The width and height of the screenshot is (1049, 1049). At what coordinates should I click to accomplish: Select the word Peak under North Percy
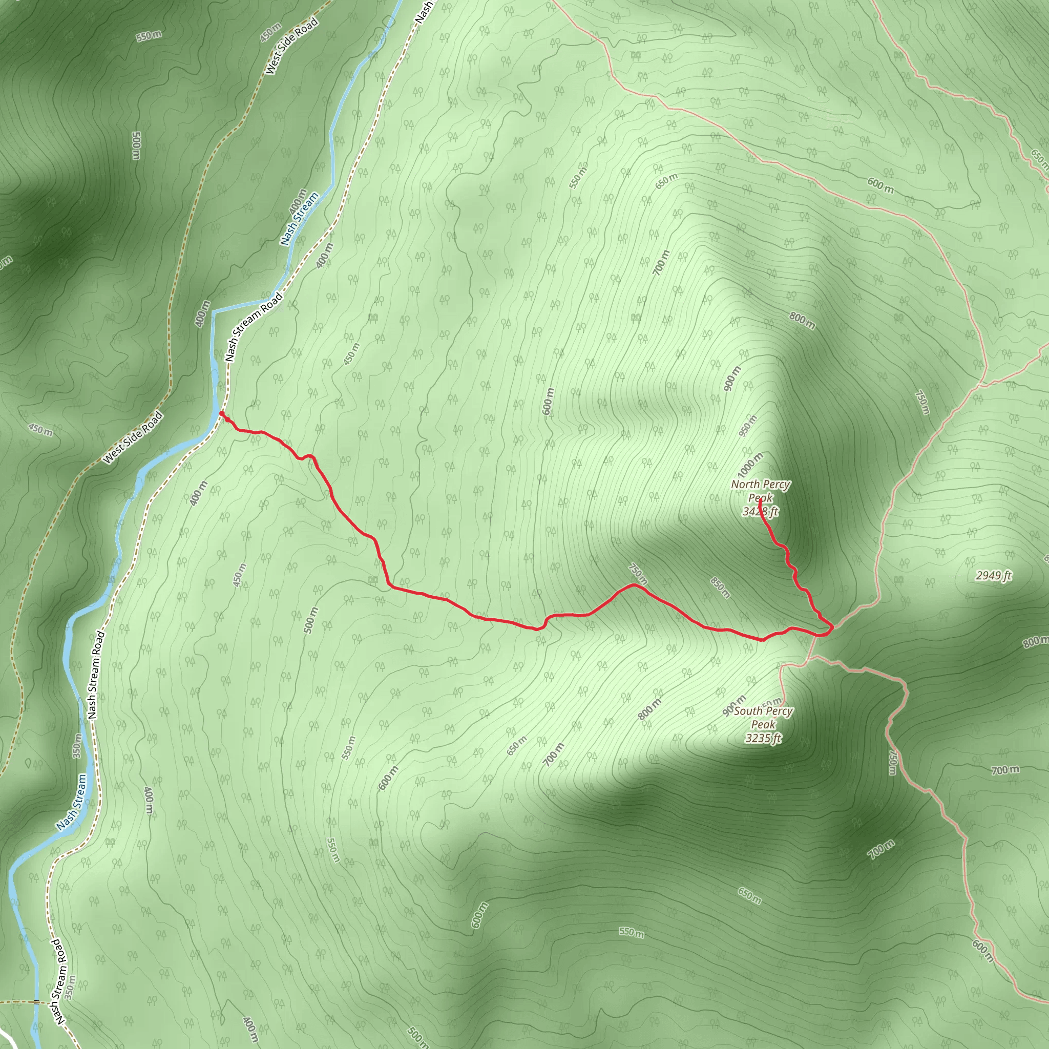pos(760,498)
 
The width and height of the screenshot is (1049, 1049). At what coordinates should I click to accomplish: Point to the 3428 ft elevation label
pos(760,512)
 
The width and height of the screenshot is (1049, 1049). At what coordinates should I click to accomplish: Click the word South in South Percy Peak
pos(748,711)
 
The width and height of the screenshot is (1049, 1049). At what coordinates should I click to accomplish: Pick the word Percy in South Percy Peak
pos(779,711)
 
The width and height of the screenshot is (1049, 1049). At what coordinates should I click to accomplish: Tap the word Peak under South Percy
pos(763,724)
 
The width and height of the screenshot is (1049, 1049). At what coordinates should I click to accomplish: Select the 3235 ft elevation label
pos(763,738)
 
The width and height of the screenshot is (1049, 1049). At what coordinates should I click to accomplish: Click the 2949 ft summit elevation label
pos(994,576)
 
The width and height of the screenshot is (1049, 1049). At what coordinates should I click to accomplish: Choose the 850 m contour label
pos(721,588)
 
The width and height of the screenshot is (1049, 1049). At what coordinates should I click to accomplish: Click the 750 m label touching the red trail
pos(638,574)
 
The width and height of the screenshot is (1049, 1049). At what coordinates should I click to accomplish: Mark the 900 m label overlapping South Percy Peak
pos(734,705)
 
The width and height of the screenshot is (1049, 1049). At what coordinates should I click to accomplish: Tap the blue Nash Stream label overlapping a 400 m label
pos(300,218)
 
